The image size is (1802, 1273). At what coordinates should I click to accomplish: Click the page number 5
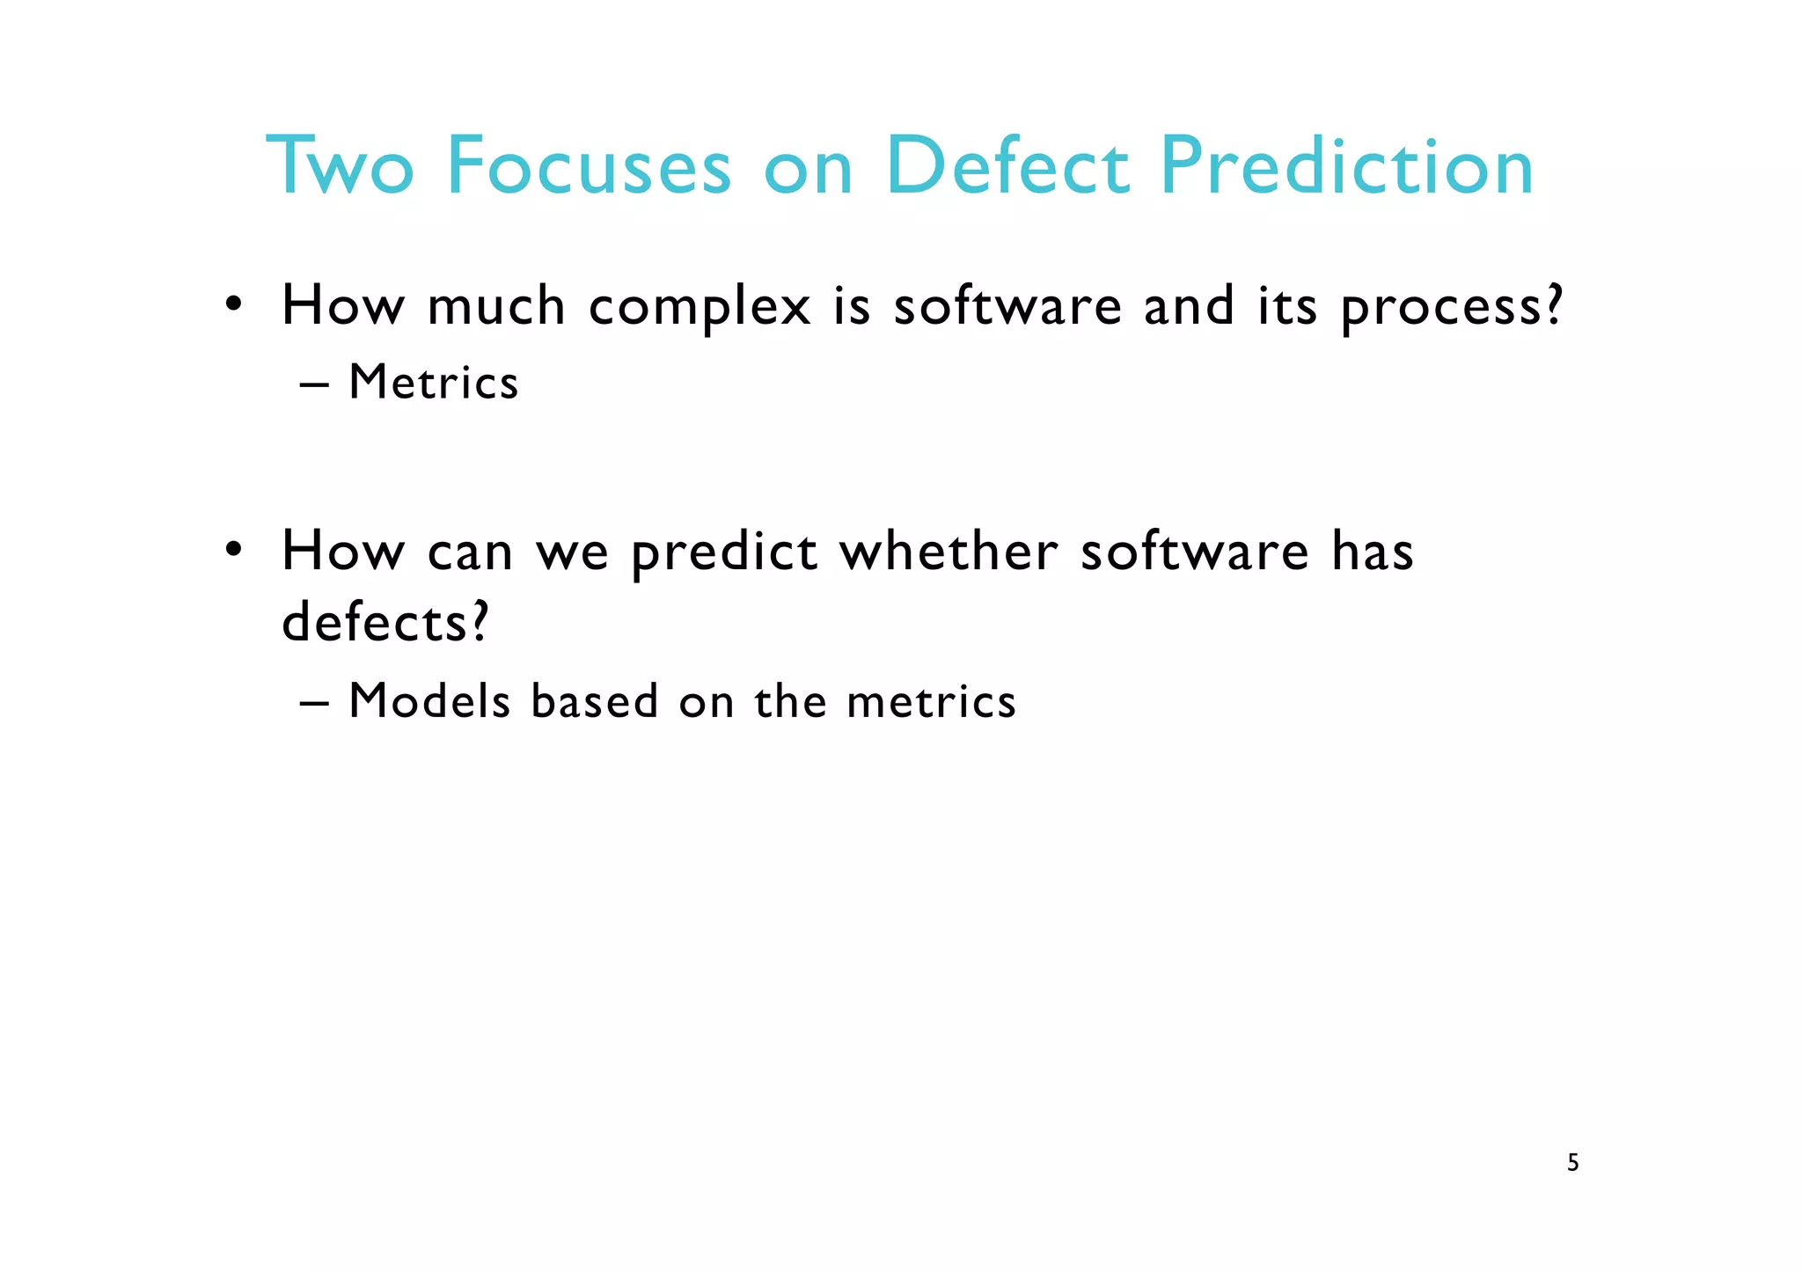(1573, 1163)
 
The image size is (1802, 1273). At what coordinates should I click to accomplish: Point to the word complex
(700, 308)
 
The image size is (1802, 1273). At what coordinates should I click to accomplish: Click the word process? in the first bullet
(1452, 308)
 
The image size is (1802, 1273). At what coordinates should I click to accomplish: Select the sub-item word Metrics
(434, 383)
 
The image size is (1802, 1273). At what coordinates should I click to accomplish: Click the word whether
(949, 552)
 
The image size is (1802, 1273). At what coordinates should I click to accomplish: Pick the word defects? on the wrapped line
(385, 623)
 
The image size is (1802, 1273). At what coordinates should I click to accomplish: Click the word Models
(429, 702)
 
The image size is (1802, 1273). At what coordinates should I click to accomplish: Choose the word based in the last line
(595, 702)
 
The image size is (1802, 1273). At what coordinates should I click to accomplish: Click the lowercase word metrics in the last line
(931, 702)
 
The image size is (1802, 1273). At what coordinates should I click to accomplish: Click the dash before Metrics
(314, 385)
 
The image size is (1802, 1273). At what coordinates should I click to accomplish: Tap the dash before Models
(314, 704)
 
